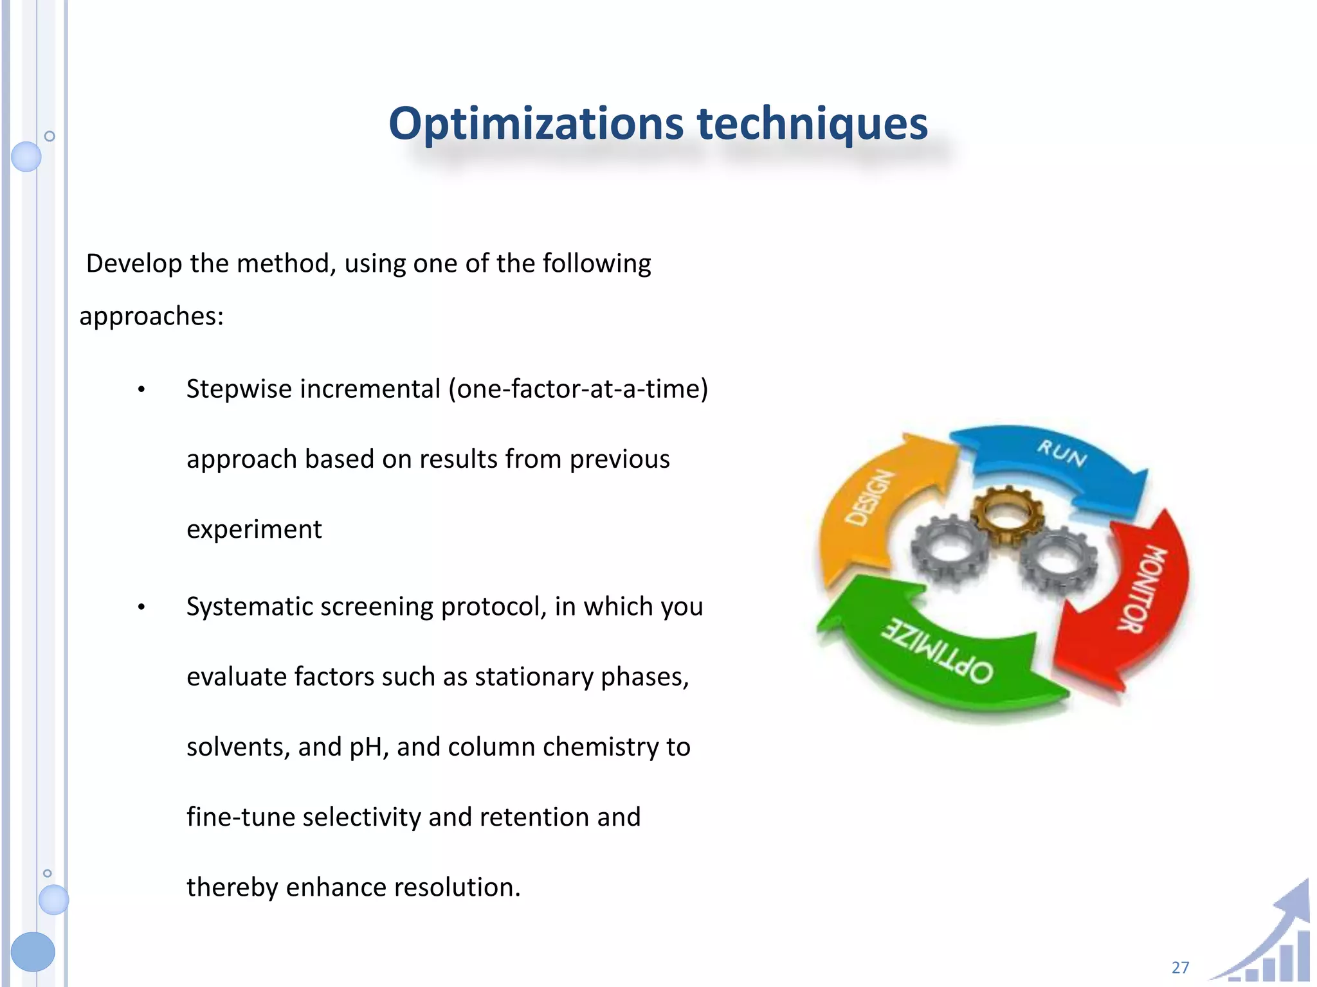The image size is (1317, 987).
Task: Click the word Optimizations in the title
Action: [x=536, y=123]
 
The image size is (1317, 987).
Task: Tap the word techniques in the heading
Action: [x=812, y=123]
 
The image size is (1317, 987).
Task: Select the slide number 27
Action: [x=1180, y=967]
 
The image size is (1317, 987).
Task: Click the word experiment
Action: [x=254, y=529]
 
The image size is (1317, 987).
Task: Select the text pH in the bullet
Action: [x=368, y=747]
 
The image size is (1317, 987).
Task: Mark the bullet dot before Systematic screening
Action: [x=141, y=607]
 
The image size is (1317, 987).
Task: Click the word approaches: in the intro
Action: [x=151, y=317]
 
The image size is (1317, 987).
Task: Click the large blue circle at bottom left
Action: [x=33, y=951]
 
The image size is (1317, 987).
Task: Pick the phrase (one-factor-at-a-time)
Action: [x=578, y=389]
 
